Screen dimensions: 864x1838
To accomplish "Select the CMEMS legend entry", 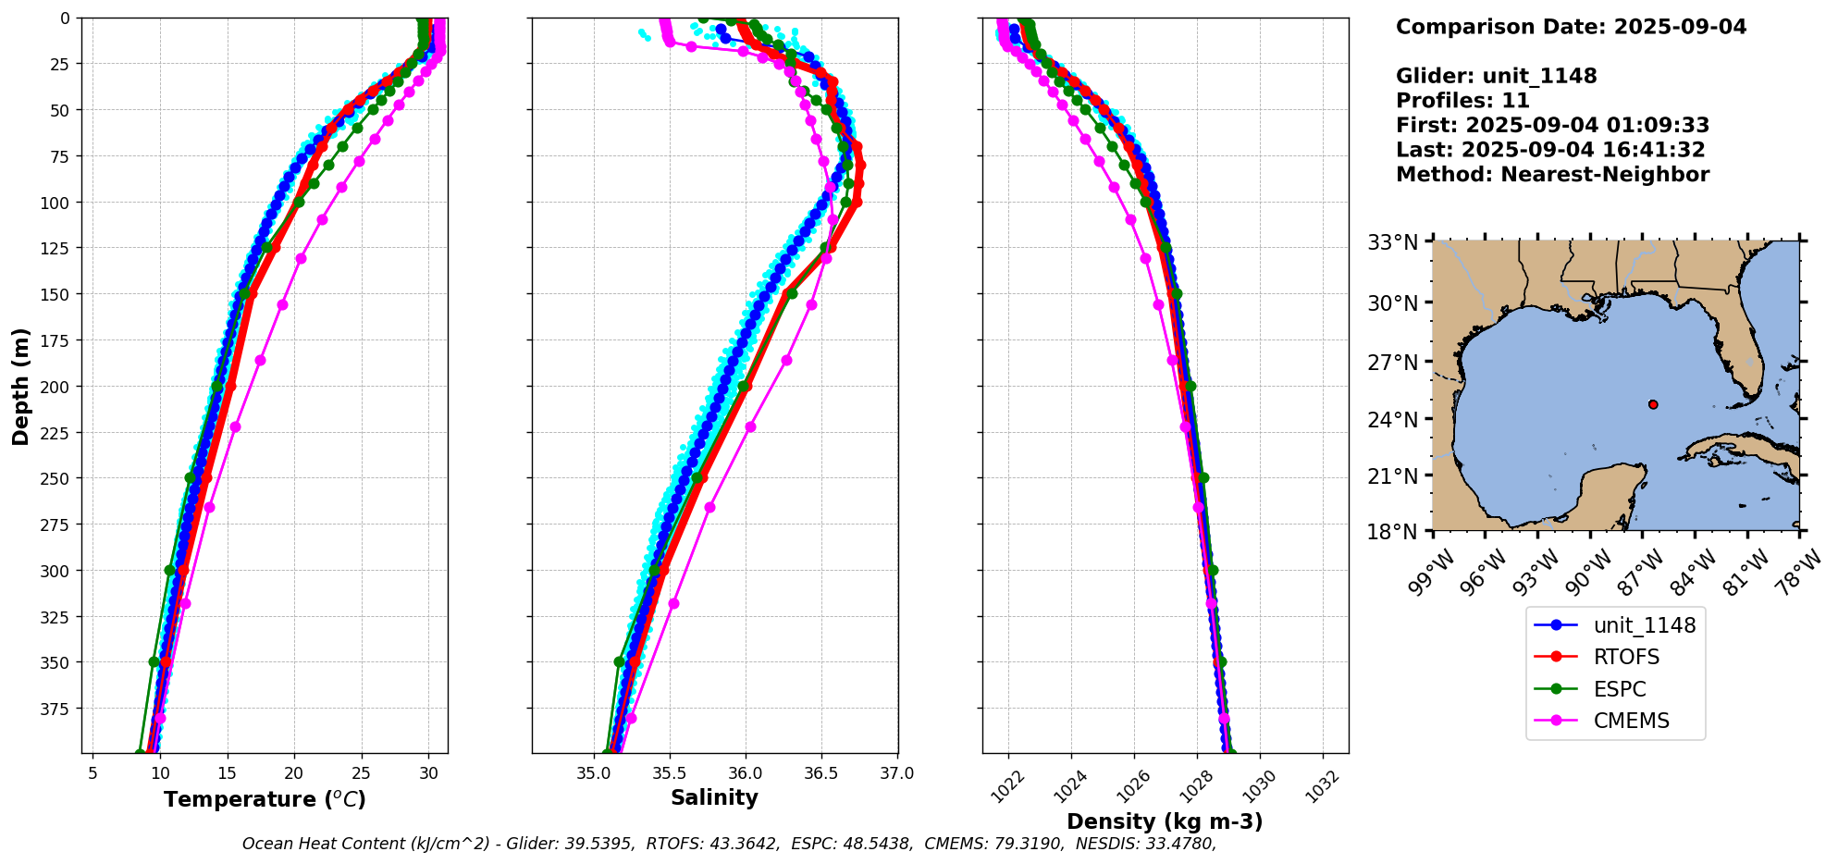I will point(1631,722).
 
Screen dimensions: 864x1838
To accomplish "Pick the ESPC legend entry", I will point(1620,689).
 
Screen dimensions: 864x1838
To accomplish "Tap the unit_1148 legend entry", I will point(1644,625).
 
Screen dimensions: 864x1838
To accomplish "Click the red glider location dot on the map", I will point(1653,404).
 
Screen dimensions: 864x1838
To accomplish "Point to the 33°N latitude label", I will point(1393,243).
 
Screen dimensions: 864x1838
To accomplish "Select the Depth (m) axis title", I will point(21,387).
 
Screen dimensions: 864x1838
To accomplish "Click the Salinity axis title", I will point(714,798).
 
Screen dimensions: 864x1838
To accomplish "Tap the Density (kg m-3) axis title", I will point(1165,821).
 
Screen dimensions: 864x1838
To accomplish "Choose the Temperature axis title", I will point(265,799).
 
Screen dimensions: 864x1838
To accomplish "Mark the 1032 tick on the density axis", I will point(1320,782).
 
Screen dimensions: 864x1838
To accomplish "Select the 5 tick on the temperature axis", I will point(93,773).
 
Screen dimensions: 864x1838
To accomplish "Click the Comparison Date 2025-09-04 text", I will point(1571,27).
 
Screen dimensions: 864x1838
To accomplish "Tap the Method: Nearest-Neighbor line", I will point(1552,175).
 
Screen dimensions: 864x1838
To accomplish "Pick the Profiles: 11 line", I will point(1462,101).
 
